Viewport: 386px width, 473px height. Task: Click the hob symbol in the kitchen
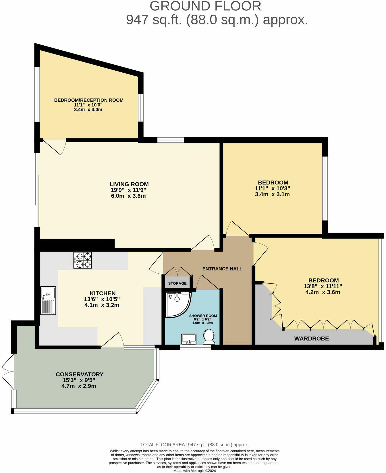83,260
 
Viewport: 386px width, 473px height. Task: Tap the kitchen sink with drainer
48,300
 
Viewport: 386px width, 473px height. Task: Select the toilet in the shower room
209,337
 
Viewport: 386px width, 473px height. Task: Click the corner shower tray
177,304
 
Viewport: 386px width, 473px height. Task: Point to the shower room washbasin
189,339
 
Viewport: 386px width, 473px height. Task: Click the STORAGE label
177,283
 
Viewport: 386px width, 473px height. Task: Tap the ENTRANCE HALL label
222,269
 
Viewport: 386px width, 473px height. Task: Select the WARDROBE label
311,339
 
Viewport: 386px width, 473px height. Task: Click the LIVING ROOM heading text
129,184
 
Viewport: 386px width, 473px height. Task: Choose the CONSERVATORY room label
79,374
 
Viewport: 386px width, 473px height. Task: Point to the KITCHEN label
103,293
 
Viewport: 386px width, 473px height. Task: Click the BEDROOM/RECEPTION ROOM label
89,100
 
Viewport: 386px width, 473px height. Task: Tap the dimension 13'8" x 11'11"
323,286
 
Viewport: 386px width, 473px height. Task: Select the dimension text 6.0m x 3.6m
128,196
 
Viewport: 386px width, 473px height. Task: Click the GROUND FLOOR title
205,6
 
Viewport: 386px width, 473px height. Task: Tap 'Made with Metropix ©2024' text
194,471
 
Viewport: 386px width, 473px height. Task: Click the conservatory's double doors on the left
8,372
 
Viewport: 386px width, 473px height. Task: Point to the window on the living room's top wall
171,140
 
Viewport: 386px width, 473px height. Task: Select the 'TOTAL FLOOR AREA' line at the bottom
194,445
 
